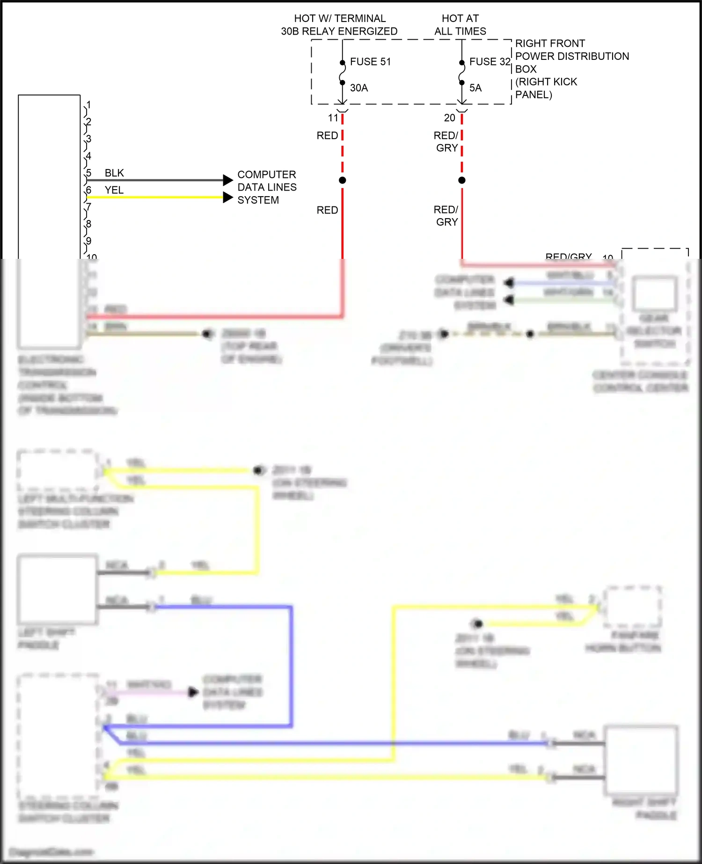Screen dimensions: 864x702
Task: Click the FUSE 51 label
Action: [x=370, y=62]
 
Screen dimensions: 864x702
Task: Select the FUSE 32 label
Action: [x=490, y=62]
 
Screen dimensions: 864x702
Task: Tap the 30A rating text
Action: [x=359, y=88]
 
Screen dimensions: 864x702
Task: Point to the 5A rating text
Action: [x=475, y=88]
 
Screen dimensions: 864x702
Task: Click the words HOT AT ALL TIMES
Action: [x=460, y=25]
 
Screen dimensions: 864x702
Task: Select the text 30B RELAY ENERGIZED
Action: [x=339, y=31]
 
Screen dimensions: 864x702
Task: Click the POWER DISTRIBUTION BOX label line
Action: [x=572, y=56]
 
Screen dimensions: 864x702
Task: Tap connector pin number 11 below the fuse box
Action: [x=333, y=118]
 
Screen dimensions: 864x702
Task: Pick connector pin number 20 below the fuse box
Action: [x=449, y=118]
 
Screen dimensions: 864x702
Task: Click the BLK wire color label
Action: [x=114, y=173]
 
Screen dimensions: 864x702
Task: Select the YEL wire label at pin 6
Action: [x=114, y=190]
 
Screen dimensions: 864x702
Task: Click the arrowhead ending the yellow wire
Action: [x=228, y=198]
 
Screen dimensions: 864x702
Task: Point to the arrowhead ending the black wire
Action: [x=228, y=180]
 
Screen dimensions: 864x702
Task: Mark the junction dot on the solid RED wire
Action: [x=343, y=180]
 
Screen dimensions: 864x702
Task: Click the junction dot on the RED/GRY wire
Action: [x=462, y=180]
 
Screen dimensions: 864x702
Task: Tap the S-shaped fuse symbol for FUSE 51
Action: [x=343, y=73]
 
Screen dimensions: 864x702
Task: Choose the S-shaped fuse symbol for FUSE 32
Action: [x=462, y=73]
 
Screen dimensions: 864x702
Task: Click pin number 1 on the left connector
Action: [x=88, y=105]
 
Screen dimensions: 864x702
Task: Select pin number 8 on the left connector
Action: [x=88, y=224]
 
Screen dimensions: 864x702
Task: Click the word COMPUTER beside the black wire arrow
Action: [x=267, y=175]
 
